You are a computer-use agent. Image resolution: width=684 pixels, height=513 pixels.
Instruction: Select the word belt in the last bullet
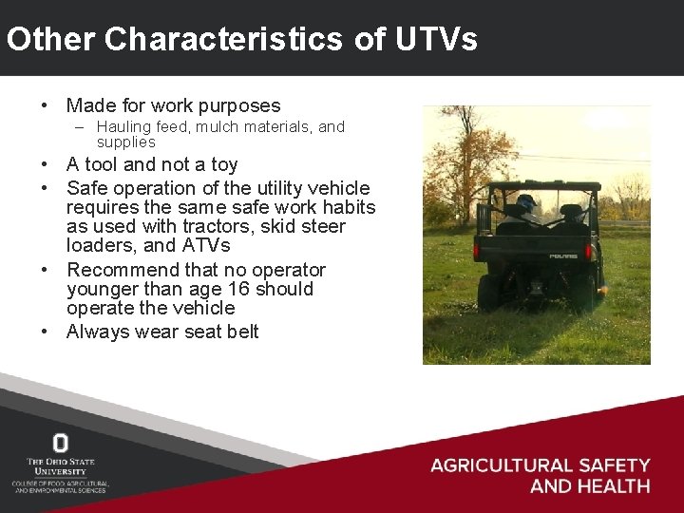point(240,332)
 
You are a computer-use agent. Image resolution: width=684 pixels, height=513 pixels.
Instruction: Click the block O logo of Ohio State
point(61,443)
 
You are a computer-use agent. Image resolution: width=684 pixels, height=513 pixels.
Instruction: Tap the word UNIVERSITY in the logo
point(61,470)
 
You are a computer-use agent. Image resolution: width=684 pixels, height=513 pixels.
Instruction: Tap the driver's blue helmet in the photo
point(525,203)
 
